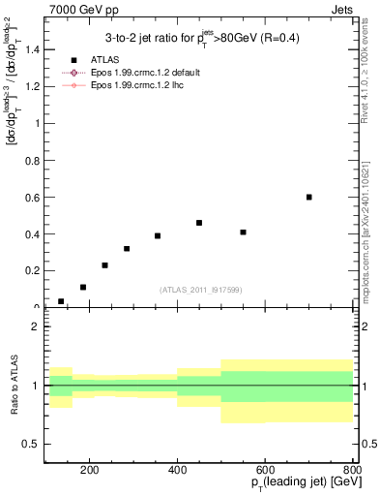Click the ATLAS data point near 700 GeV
309,197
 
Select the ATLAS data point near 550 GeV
243,232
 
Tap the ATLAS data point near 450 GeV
199,223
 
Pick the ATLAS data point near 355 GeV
158,235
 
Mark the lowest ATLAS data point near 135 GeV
61,301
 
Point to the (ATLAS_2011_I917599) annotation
201,290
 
